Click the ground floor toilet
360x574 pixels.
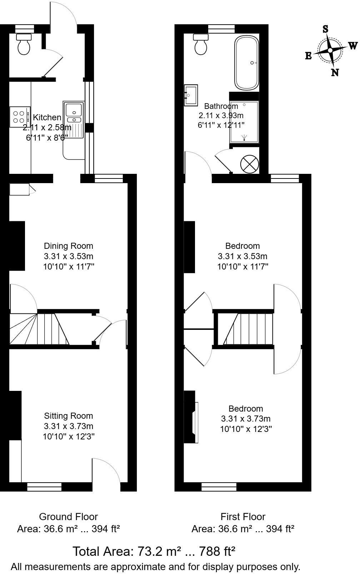tap(24, 45)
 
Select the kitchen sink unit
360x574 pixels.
tap(74, 120)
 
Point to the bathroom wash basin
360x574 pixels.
tap(191, 95)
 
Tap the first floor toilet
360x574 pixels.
tap(200, 44)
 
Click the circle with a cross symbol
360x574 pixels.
tap(249, 164)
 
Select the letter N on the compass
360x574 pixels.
tap(335, 72)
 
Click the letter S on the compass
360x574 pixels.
tap(325, 29)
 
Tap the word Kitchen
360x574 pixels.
tap(47, 117)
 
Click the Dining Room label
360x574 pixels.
tap(69, 246)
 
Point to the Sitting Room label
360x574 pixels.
tap(69, 416)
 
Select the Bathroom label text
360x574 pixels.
tap(221, 106)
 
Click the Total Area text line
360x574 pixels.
tap(154, 552)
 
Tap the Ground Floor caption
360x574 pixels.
tap(68, 517)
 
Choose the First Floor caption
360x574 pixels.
tap(243, 517)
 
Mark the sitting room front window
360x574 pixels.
tap(44, 487)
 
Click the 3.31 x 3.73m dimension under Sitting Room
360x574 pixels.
tap(69, 426)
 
